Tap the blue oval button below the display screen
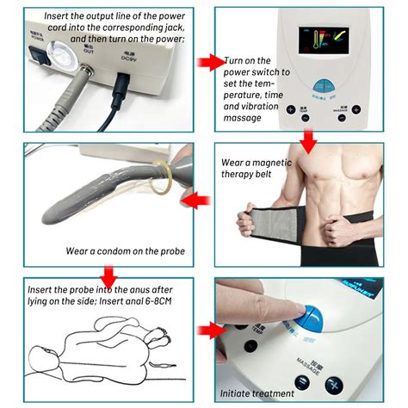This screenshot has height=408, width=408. (x=324, y=86)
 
